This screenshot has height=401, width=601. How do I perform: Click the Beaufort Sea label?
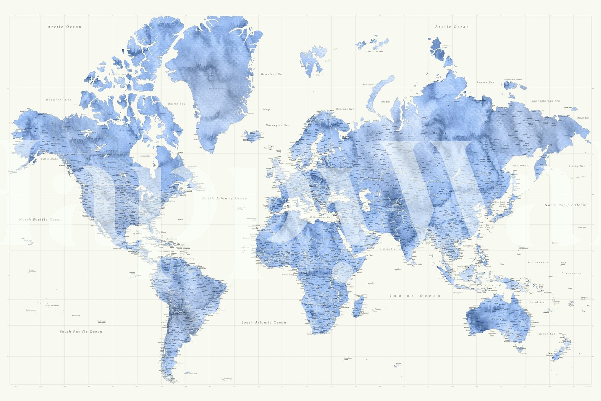coord(58,100)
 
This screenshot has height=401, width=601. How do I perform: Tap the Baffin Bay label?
coord(177,104)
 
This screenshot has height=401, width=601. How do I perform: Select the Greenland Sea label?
coord(272,74)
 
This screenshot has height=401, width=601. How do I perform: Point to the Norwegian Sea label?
coord(277,125)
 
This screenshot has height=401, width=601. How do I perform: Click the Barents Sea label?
coord(345,109)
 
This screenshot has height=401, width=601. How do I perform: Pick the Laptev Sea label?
coord(485,82)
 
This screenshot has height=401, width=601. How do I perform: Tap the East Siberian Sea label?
coord(546,101)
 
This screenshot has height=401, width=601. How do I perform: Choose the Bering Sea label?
coord(577,166)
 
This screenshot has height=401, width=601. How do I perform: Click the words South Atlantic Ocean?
coord(264,323)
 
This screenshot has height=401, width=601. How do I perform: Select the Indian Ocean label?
coord(415,296)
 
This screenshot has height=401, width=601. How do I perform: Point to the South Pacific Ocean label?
coord(81,332)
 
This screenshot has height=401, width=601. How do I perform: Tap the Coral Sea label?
coord(537,302)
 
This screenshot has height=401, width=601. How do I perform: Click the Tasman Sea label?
coord(546,334)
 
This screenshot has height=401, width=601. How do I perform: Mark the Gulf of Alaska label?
coord(49,159)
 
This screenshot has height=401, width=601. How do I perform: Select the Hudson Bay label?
coord(145,156)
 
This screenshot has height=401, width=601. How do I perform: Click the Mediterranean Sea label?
coord(319,217)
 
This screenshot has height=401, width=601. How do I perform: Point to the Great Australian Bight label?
coord(492,333)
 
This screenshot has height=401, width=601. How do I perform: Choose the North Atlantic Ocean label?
coord(224,198)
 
